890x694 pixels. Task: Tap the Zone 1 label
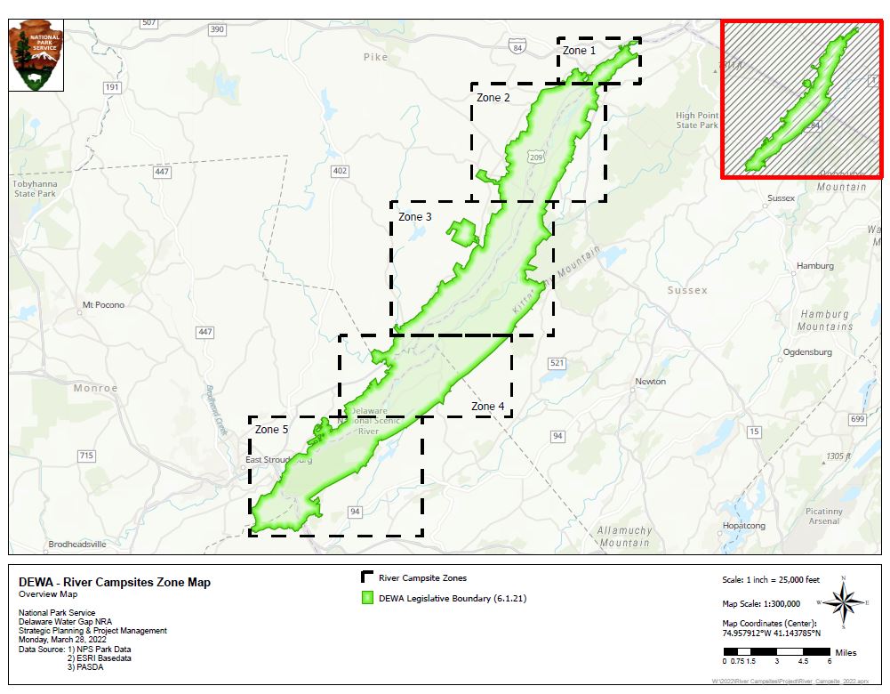coord(580,51)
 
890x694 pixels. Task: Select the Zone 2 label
coord(493,98)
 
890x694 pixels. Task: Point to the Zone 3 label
coord(415,217)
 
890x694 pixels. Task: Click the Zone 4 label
coord(488,407)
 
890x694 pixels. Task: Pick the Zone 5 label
coord(272,430)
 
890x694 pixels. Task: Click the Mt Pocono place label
coord(103,305)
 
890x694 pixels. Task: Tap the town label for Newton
coord(650,382)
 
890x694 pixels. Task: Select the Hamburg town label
coord(815,266)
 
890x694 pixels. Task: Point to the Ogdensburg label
coord(807,352)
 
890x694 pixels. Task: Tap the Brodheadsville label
coord(77,544)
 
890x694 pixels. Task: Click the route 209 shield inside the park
coord(535,157)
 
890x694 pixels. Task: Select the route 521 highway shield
coord(557,363)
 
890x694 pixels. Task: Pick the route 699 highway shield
coord(857,419)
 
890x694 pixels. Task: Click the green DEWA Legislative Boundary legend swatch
coord(366,598)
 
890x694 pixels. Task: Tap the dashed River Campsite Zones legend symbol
coord(366,578)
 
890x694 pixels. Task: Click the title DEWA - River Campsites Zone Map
coord(115,583)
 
